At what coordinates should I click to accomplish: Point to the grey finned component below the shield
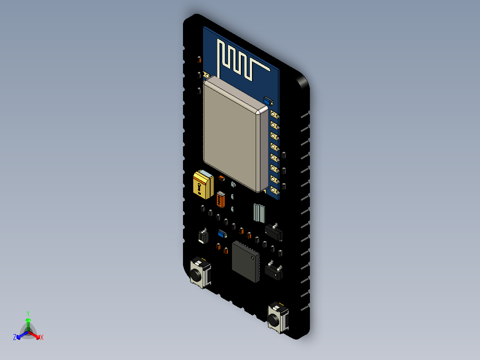pos(259,213)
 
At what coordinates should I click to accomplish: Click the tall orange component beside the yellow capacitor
pos(221,200)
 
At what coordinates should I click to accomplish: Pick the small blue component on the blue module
pos(267,101)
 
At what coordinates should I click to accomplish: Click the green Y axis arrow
pos(28,320)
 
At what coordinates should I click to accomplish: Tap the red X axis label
pos(42,337)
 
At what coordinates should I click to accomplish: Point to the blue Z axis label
pos(15,338)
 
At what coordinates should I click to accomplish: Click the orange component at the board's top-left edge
pos(199,60)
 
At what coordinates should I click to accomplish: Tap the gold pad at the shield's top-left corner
pos(205,74)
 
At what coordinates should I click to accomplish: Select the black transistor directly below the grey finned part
pos(273,231)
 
